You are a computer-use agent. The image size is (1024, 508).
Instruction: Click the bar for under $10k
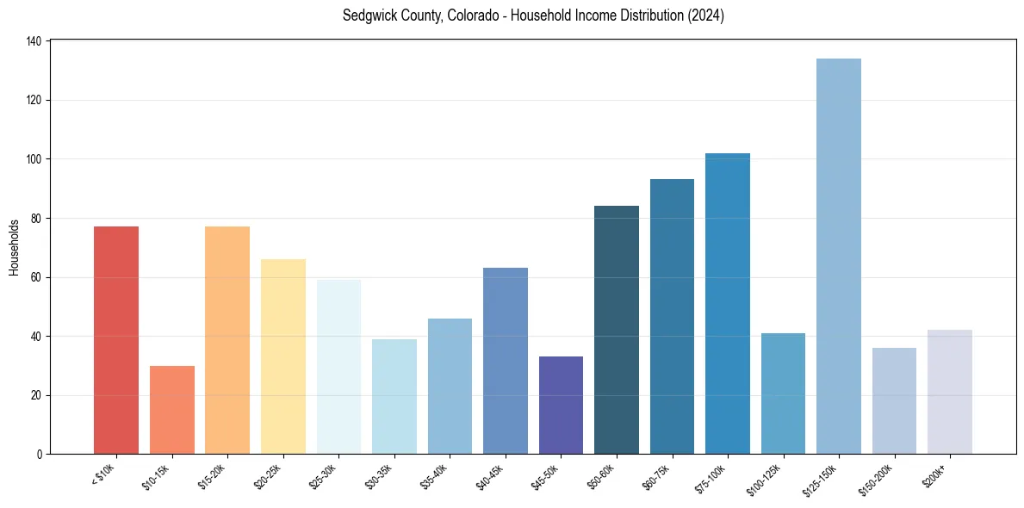(x=116, y=340)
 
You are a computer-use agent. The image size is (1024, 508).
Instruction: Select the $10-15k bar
(x=172, y=410)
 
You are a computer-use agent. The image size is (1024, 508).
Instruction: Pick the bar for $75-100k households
(x=728, y=303)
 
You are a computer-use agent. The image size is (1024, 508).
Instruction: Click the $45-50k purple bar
(x=561, y=405)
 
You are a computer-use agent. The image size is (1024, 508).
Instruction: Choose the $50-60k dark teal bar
(x=617, y=330)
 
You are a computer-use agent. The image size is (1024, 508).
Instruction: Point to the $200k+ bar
(x=949, y=392)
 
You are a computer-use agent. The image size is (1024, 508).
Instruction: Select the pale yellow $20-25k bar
(x=283, y=356)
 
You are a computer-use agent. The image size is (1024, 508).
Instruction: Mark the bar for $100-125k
(x=783, y=393)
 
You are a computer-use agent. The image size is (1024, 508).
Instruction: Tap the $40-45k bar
(x=506, y=361)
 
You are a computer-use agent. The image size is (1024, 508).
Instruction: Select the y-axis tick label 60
(x=38, y=277)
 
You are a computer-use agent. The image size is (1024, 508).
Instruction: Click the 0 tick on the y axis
(x=40, y=455)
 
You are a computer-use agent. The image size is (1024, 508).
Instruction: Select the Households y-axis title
(x=15, y=247)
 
